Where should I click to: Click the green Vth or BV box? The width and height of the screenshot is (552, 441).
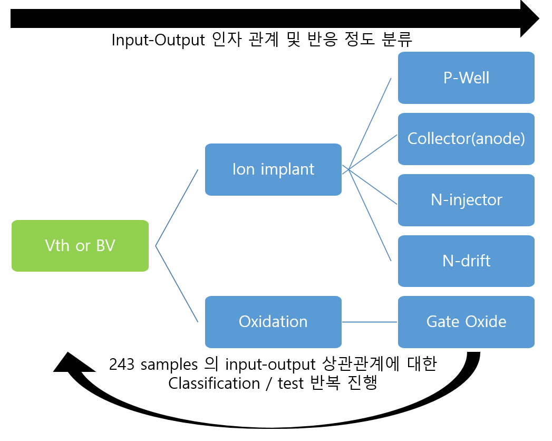click(x=80, y=246)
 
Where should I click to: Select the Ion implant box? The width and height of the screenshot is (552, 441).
click(x=273, y=169)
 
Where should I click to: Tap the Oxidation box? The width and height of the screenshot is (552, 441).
click(x=273, y=322)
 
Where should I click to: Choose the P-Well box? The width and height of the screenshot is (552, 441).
click(x=466, y=78)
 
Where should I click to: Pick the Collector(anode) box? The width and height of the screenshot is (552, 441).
click(x=466, y=139)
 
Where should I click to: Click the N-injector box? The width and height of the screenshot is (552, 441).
click(x=466, y=200)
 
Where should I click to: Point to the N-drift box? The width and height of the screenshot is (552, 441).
click(x=466, y=261)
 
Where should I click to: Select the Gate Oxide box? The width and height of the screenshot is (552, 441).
click(x=466, y=322)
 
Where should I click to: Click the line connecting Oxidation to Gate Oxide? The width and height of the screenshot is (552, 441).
click(x=370, y=322)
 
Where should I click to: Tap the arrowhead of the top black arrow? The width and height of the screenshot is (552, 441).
click(x=529, y=18)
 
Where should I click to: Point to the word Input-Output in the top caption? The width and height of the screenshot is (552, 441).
click(x=158, y=40)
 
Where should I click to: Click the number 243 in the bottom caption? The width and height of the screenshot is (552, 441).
click(x=121, y=364)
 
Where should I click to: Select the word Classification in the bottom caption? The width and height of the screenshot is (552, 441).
click(x=214, y=383)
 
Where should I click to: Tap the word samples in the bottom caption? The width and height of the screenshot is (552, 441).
click(x=169, y=365)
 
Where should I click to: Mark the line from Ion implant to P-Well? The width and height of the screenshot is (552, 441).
click(x=370, y=124)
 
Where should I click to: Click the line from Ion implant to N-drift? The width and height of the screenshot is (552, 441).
click(x=370, y=215)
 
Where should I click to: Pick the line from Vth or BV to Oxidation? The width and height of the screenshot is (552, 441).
click(x=177, y=284)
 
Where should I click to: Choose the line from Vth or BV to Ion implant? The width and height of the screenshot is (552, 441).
click(x=177, y=208)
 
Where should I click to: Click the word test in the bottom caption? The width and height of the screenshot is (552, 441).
click(x=290, y=384)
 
